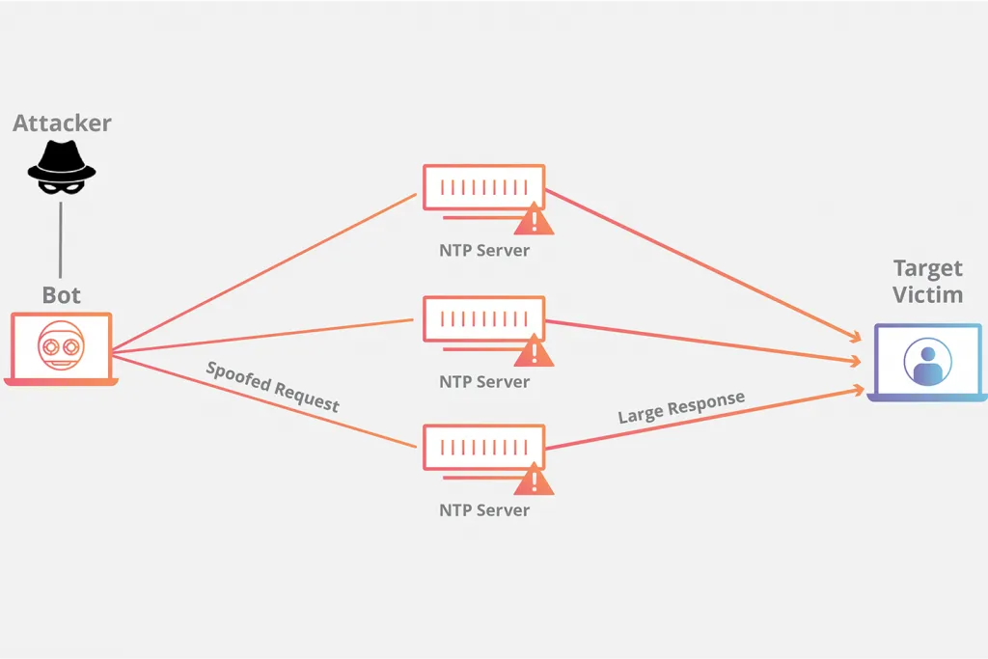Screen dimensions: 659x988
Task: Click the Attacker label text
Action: pos(62,124)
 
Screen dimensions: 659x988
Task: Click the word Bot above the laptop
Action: pos(61,294)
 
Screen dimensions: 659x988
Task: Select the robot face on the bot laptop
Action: pos(61,344)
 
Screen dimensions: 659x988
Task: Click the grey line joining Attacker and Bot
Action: pos(61,241)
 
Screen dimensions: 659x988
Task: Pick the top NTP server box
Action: pos(483,186)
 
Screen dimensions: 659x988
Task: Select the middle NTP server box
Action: pos(483,318)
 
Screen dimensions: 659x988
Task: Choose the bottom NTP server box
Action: pos(483,447)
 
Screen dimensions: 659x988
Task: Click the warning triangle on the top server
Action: pos(534,220)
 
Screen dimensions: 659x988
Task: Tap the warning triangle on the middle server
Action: pos(534,351)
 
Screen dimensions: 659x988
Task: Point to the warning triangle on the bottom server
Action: pos(534,480)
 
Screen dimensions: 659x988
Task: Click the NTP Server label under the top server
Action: pos(484,251)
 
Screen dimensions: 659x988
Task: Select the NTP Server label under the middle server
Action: pos(484,382)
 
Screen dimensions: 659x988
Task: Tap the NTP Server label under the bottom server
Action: pos(484,510)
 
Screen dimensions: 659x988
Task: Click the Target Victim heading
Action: pos(927,282)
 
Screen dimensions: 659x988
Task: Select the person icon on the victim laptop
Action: pos(927,363)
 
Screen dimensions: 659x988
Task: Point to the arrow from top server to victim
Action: pos(704,265)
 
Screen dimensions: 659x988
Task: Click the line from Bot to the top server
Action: pos(261,272)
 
